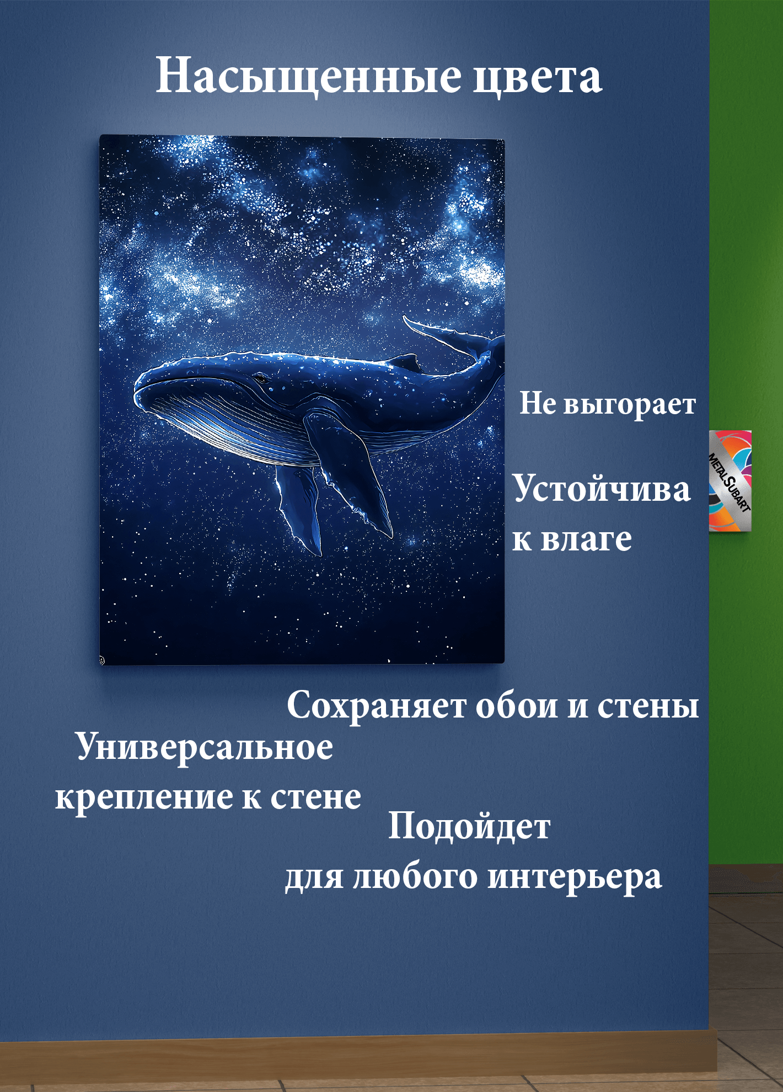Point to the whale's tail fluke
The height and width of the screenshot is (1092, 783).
coord(452,336)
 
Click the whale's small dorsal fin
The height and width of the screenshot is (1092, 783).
coord(405,362)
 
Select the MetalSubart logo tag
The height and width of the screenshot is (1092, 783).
coord(730,481)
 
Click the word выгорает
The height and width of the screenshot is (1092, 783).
coord(630,404)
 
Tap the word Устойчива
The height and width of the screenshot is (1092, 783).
coord(602,489)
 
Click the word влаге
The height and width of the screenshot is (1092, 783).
coord(586,539)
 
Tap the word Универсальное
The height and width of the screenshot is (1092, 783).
coord(205,747)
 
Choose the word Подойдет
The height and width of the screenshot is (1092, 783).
coord(469,826)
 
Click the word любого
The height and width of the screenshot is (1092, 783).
coord(415,877)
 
